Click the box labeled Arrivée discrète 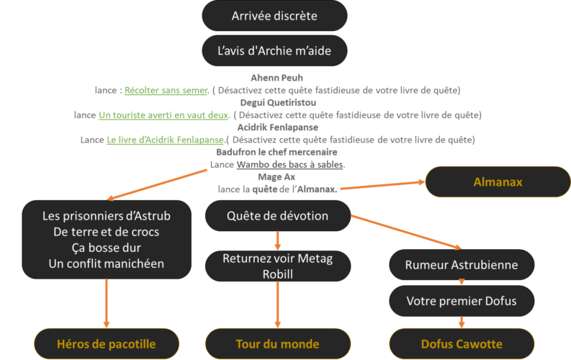tap(274, 16)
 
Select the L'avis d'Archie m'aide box tap(274, 51)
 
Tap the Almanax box tap(498, 182)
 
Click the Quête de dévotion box tap(277, 216)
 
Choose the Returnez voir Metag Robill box tap(277, 266)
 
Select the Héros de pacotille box tap(107, 343)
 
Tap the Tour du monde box tap(277, 343)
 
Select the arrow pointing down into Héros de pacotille tap(107, 302)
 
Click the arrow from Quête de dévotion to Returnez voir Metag tap(277, 240)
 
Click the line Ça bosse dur tap(106, 248)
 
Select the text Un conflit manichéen tap(106, 264)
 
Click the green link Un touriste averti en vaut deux tap(164, 115)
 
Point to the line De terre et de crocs tap(106, 232)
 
